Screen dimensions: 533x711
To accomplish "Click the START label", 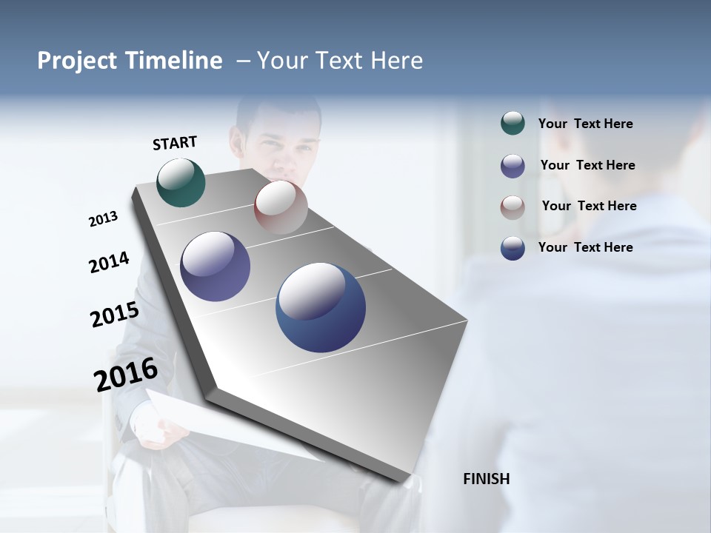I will pos(175,143).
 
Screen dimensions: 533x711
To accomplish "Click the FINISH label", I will pos(486,479).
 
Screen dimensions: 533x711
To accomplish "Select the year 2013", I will pos(103,219).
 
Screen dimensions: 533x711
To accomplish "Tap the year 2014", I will pos(109,263).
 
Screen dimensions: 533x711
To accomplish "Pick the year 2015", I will pos(114,315).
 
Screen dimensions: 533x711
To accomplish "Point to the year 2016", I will pos(126,374).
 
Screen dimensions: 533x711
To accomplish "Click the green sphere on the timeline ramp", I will pos(181,182).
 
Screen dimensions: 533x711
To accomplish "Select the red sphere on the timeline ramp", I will pos(281,207).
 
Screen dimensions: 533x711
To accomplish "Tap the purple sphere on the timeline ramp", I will pos(215,266).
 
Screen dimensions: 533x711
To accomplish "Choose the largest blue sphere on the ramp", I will pos(321,306).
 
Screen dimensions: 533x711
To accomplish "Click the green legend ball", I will pos(513,123).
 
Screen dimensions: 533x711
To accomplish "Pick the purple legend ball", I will pos(513,165).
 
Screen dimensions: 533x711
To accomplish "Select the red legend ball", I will pos(513,207).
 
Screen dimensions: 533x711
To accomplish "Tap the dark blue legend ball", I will pos(513,247).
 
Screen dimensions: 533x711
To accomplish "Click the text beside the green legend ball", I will pos(585,124).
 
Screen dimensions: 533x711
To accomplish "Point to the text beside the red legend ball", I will pos(589,206).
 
